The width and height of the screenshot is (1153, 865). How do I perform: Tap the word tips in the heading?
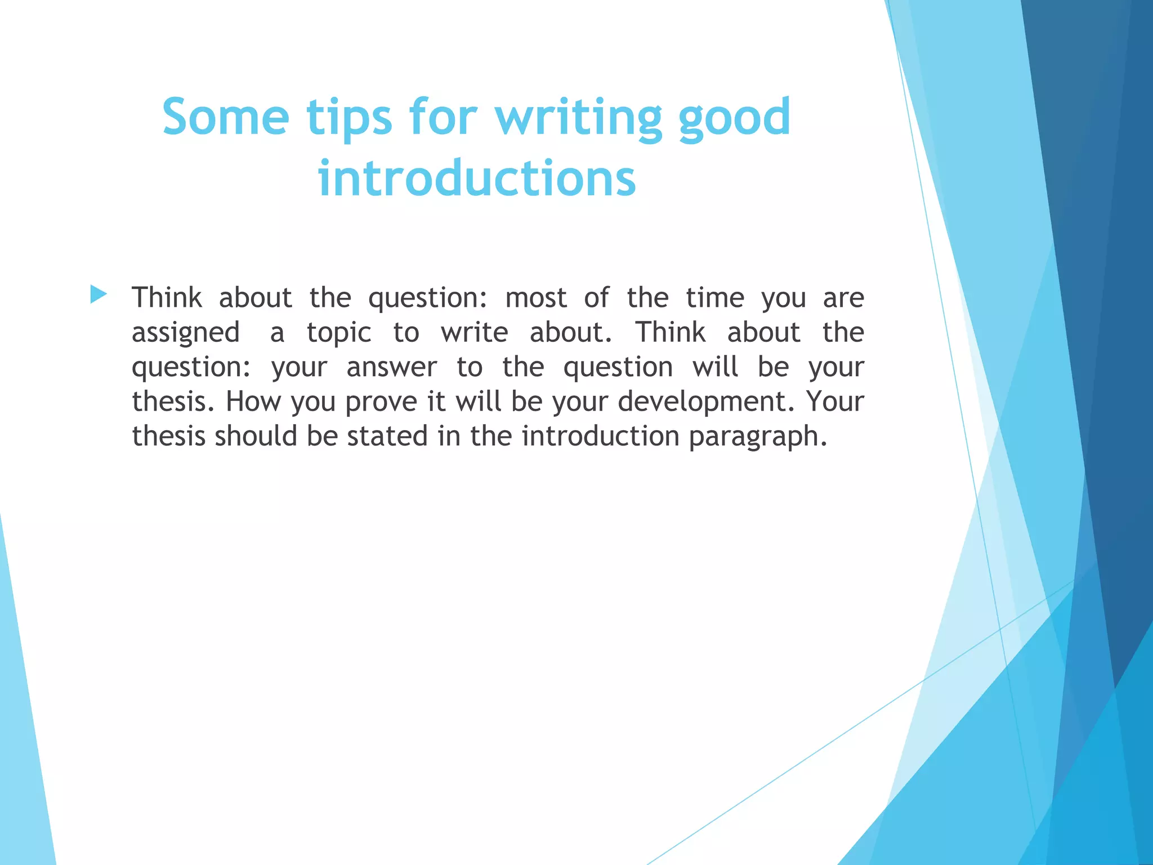click(349, 118)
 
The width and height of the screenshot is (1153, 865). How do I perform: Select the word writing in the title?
click(579, 118)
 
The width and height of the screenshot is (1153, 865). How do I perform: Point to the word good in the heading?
click(735, 118)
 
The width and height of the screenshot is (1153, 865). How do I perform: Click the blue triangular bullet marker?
click(98, 294)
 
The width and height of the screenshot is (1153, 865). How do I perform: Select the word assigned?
click(185, 333)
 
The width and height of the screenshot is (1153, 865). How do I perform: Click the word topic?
click(339, 333)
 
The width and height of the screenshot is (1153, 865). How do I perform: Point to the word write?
click(474, 332)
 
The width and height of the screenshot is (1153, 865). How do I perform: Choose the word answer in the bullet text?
click(391, 367)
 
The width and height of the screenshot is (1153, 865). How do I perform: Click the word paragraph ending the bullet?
click(758, 437)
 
